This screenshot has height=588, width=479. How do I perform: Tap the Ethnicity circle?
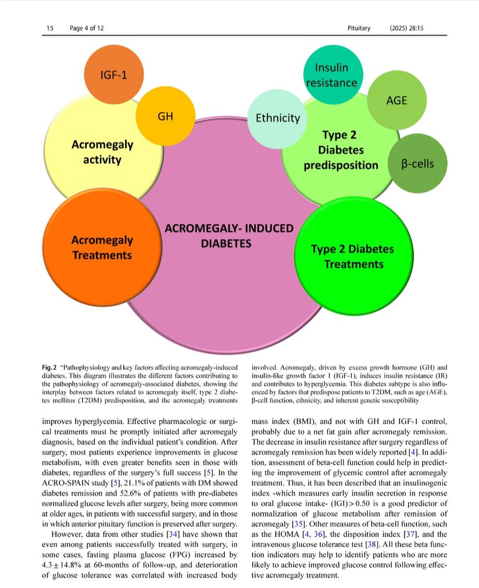pyautogui.click(x=278, y=118)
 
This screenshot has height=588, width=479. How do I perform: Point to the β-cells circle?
pyautogui.click(x=418, y=163)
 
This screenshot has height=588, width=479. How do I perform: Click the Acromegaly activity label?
pyautogui.click(x=102, y=152)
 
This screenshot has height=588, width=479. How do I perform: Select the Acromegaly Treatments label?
pyautogui.click(x=102, y=247)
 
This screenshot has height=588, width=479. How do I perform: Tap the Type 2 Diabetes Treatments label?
pyautogui.click(x=352, y=256)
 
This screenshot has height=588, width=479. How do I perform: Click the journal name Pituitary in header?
pyautogui.click(x=358, y=28)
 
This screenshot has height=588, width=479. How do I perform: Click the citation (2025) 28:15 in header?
pyautogui.click(x=407, y=28)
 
